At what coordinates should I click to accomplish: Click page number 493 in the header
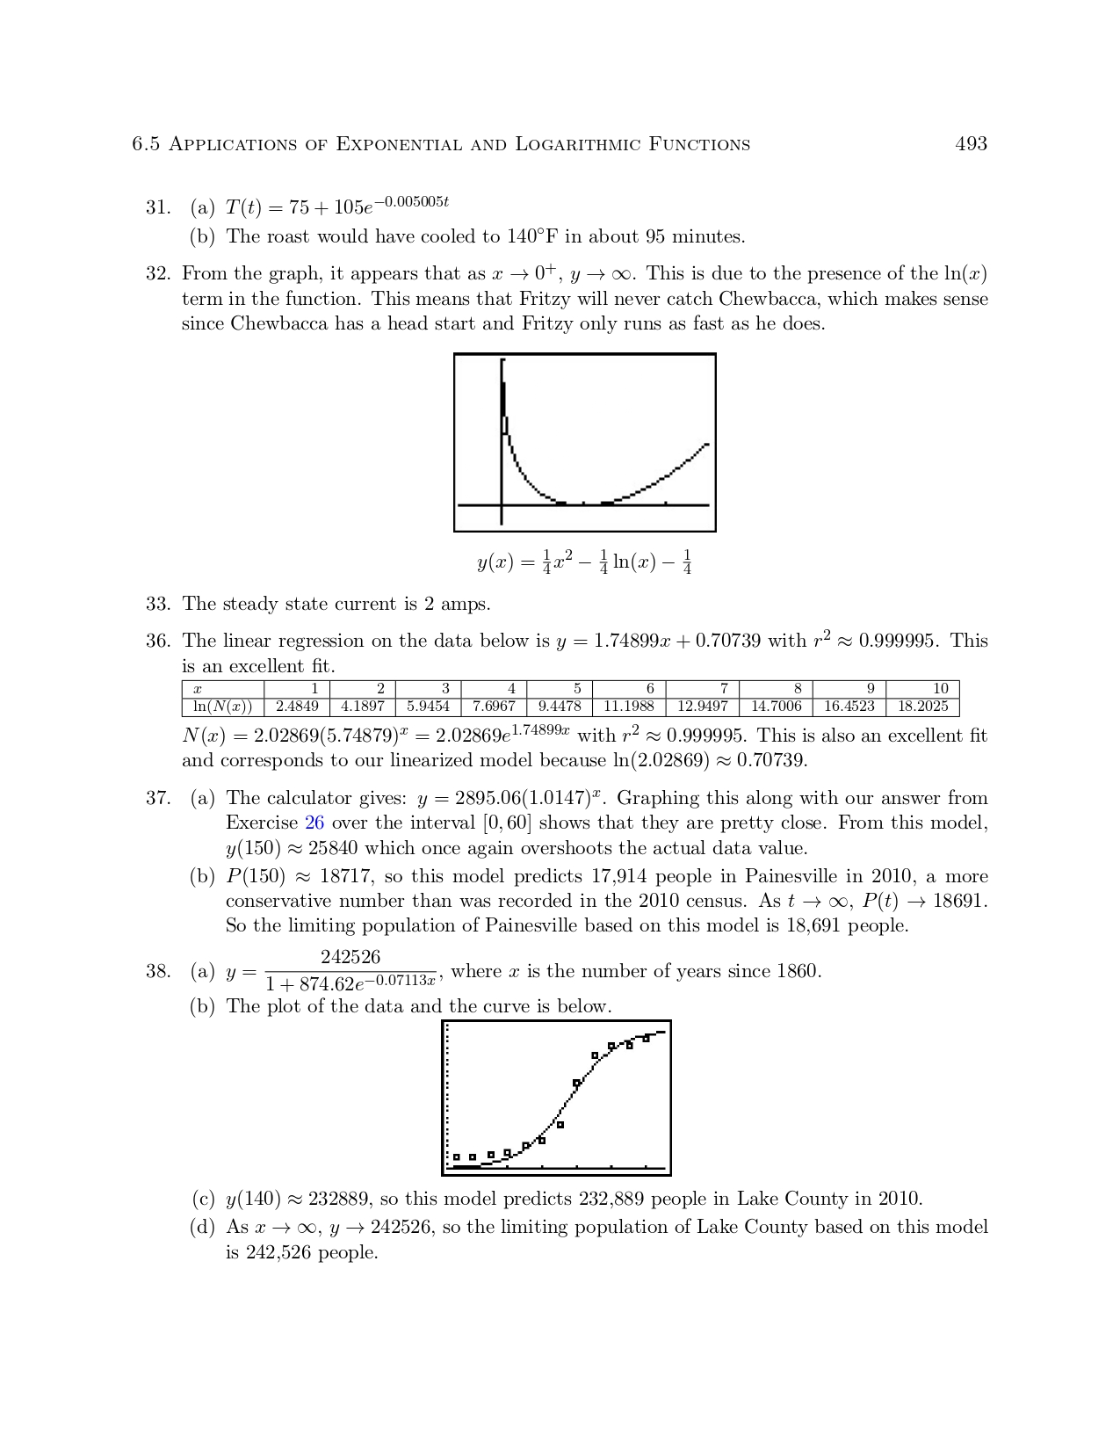971,144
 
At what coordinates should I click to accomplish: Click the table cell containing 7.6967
494,707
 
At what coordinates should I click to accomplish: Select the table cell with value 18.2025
922,707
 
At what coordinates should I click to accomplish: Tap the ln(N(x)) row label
222,707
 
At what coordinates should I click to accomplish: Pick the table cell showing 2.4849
297,707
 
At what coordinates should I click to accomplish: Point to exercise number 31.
157,207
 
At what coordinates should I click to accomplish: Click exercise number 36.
157,641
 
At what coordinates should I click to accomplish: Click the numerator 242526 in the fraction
350,957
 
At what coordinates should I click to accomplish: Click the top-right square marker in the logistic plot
646,1039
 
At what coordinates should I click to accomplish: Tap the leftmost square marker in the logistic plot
457,1157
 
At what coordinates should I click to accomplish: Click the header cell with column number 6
650,689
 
